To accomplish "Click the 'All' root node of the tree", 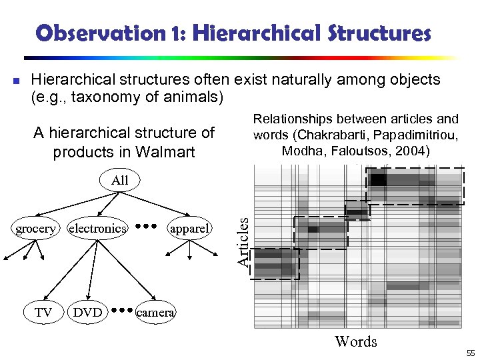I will (120, 180).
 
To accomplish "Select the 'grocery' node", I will (35, 229).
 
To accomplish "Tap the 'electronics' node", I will (97, 229).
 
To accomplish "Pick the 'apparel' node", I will (190, 229).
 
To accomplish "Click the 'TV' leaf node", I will (44, 312).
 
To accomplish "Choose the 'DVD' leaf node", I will (88, 312).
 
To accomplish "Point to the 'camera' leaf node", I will (155, 312).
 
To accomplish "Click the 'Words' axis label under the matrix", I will (355, 342).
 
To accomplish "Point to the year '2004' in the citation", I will (412, 151).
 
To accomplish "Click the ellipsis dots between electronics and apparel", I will (145, 227).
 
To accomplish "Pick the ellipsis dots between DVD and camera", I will (121, 310).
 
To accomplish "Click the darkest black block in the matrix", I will (379, 179).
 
